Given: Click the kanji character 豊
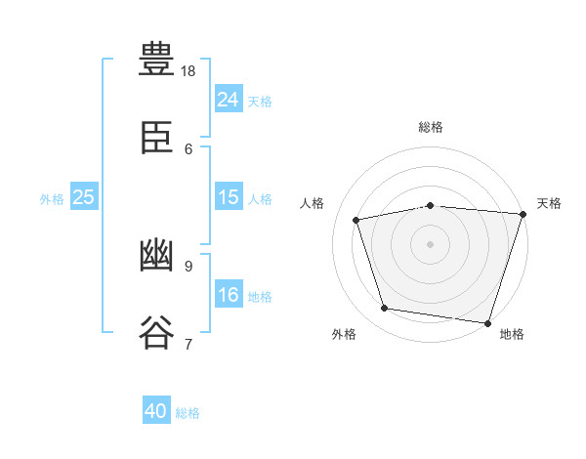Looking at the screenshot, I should (x=157, y=60).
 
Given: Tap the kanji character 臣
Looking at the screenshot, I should (x=157, y=138).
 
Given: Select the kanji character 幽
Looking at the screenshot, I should (x=157, y=255).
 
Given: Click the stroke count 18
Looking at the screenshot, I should (x=188, y=70).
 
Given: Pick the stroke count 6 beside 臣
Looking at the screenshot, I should (x=188, y=148).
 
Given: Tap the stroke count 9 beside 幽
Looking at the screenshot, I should (x=188, y=266).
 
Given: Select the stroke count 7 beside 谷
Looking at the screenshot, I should (x=188, y=344).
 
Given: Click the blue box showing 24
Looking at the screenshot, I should (x=229, y=99).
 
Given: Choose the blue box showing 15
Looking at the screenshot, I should (x=229, y=197).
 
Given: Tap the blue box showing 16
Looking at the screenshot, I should (x=229, y=295).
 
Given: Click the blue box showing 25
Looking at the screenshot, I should (x=83, y=197).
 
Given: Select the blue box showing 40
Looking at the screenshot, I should (x=156, y=411).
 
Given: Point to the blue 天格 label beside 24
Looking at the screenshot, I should (x=260, y=102).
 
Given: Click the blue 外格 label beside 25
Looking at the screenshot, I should (x=52, y=199).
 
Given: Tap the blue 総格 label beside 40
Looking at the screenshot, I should (x=188, y=413).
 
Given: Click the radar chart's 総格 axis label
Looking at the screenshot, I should (x=431, y=127).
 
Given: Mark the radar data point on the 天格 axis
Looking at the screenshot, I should (x=523, y=214).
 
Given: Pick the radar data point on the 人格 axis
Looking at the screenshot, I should (x=356, y=220).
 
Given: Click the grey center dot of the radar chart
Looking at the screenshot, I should (x=431, y=243).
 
